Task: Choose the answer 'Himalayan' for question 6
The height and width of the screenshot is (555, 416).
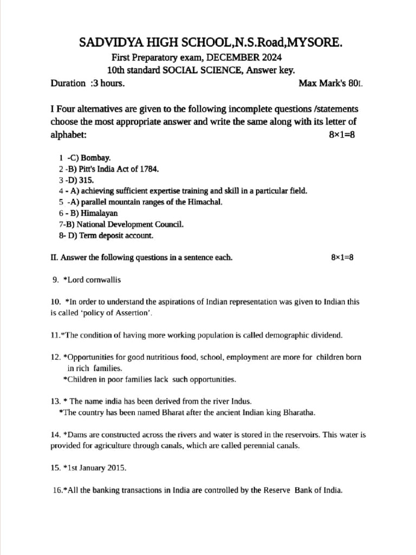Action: tap(99, 213)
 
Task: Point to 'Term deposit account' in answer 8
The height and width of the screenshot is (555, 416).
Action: tap(114, 236)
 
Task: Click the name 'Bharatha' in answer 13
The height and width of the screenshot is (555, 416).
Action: tap(297, 412)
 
